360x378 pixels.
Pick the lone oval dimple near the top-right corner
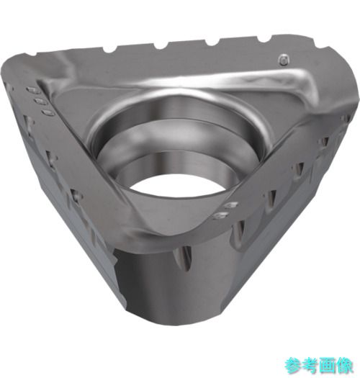(284, 59)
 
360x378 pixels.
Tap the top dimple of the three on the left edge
(34, 91)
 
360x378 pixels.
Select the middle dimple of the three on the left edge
(40, 102)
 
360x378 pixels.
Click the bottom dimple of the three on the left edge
(48, 113)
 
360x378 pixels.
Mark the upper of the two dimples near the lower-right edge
(230, 206)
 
